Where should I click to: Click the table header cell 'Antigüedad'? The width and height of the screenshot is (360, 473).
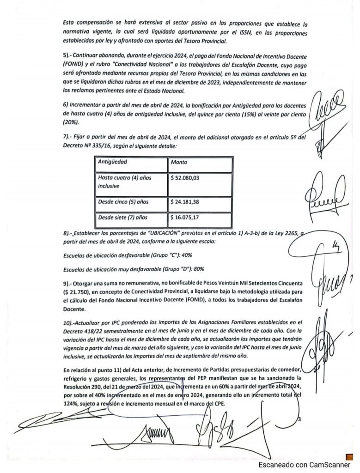(113, 162)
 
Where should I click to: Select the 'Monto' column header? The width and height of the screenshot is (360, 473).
(179, 162)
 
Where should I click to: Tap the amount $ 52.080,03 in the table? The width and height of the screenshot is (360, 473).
(185, 177)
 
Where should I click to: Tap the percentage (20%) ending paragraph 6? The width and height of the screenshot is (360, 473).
(71, 122)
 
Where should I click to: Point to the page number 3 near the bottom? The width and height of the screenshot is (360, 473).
(299, 419)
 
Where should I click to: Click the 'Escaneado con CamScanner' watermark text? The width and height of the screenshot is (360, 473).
(304, 465)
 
